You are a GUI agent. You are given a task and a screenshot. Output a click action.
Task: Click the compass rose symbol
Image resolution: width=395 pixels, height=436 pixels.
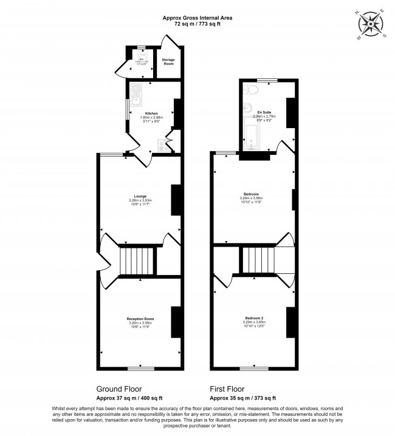[371, 25]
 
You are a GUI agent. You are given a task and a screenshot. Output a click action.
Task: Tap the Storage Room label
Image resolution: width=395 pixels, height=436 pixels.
[168, 61]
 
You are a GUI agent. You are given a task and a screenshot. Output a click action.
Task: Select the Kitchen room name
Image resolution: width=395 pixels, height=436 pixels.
[151, 113]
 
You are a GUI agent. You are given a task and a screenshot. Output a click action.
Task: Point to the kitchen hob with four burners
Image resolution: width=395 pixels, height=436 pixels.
[160, 145]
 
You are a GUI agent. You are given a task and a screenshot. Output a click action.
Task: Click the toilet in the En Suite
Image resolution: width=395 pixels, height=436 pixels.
[253, 90]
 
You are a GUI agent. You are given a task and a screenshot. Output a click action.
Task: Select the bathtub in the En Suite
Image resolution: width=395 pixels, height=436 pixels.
[250, 135]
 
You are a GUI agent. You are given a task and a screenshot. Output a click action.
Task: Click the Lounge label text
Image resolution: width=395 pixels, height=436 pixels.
[140, 196]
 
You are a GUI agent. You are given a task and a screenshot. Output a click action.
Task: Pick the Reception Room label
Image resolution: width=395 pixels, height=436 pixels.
[140, 318]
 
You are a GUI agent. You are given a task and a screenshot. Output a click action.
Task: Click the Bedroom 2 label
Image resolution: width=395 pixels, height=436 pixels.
[254, 318]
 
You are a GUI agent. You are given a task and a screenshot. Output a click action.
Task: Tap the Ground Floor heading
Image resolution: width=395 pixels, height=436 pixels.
[119, 389]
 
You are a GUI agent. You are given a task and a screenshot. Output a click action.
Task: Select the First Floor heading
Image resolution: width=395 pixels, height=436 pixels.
[227, 389]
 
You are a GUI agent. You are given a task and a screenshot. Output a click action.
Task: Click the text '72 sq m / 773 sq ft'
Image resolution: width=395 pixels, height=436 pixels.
[197, 24]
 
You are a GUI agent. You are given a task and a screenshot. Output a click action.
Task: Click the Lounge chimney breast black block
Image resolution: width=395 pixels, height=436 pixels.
[176, 200]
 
